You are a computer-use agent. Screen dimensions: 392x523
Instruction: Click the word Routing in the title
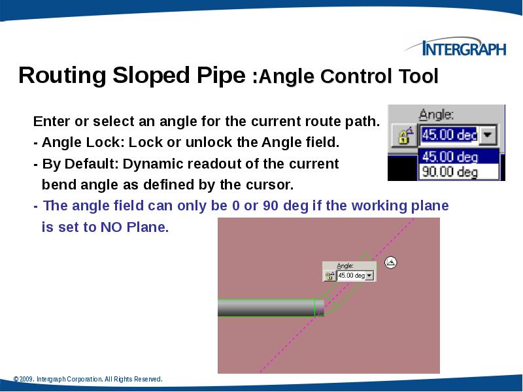click(x=58, y=76)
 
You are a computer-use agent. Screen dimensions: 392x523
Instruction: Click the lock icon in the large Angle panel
click(x=403, y=135)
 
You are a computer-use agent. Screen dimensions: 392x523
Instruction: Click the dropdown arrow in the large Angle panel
click(x=488, y=135)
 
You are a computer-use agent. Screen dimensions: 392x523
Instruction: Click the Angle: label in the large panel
click(x=437, y=115)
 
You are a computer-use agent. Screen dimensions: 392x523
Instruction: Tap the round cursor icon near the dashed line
click(x=391, y=263)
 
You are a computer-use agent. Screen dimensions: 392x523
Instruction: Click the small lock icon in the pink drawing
click(x=329, y=276)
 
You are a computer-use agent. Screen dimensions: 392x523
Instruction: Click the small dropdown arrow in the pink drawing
click(x=370, y=276)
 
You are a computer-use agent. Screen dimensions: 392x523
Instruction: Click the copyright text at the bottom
click(x=88, y=379)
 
